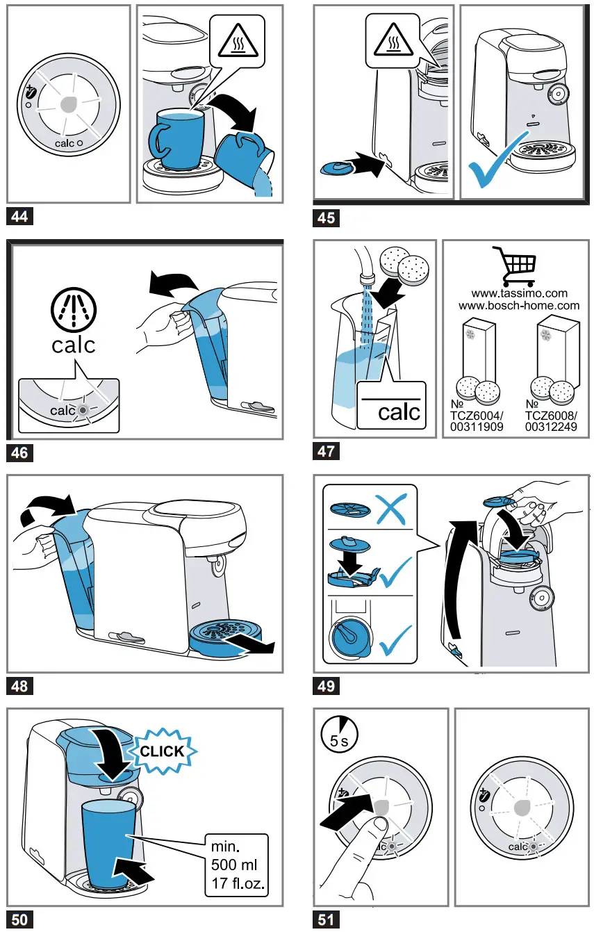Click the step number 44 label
19,216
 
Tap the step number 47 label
326,451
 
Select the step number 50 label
19,919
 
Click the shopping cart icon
514,263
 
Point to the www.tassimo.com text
519,293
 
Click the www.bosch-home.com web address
519,306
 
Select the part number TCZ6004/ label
477,416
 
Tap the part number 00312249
551,427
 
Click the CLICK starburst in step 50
162,751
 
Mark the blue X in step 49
390,509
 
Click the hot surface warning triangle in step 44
238,40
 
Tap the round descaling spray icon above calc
74,309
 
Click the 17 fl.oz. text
238,883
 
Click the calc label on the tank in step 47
399,412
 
